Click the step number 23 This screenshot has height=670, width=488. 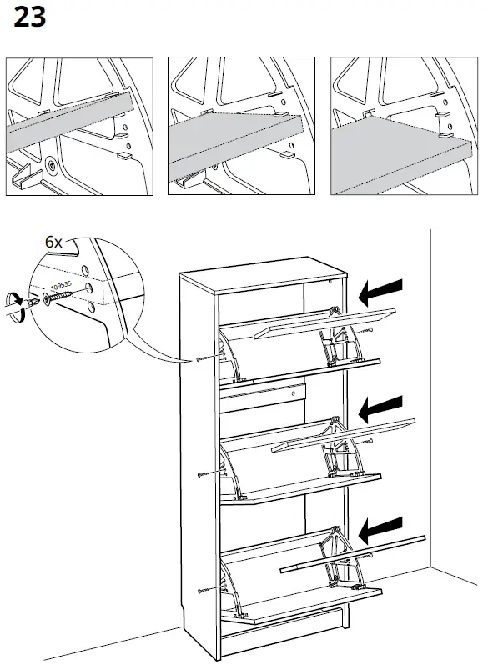click(x=29, y=17)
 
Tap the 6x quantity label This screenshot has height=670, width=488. click(x=54, y=242)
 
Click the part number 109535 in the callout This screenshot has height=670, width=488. click(x=61, y=289)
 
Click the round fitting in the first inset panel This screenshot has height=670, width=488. click(x=52, y=165)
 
